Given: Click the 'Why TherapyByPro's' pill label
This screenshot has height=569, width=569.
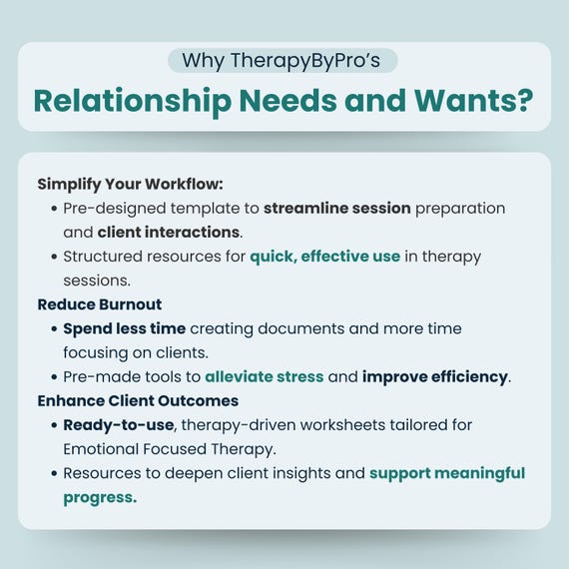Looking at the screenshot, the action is tap(283, 60).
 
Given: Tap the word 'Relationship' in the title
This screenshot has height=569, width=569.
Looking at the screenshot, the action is tap(133, 102).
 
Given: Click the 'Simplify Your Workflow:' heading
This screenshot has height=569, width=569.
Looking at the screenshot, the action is tap(130, 185).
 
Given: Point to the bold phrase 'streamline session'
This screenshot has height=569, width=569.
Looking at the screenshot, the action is tap(337, 209).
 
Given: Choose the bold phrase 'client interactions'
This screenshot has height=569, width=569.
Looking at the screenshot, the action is tap(169, 233).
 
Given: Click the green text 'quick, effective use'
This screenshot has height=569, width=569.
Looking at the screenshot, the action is tap(325, 257).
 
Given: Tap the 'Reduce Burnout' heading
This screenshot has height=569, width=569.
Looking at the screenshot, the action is tap(100, 304).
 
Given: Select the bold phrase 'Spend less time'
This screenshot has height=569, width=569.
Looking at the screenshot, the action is tap(125, 329).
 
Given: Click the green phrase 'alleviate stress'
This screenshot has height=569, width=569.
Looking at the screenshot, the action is tap(265, 376).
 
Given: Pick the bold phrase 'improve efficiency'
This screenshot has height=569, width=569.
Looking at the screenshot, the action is tap(434, 377).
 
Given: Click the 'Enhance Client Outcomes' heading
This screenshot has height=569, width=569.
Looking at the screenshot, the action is tap(138, 401).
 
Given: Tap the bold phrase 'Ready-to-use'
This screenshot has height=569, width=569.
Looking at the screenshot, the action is tap(119, 425).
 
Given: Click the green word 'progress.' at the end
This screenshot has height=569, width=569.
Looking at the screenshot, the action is tap(100, 498).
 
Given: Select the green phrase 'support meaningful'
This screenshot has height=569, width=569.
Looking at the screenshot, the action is tap(447, 473).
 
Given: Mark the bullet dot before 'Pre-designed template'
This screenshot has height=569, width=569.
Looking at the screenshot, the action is tap(55, 209).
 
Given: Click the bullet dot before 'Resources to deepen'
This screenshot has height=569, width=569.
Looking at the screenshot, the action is tap(55, 473).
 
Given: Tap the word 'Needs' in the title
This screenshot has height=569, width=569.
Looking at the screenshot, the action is tap(288, 100).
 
